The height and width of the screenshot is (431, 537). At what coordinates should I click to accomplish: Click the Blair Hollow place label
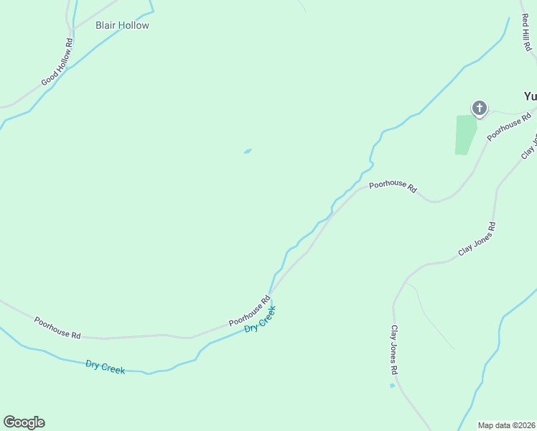[122, 25]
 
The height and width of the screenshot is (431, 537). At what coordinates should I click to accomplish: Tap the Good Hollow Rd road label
[58, 62]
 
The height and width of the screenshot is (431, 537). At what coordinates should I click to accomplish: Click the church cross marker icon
[479, 108]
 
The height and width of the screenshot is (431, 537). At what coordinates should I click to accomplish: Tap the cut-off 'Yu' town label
[530, 96]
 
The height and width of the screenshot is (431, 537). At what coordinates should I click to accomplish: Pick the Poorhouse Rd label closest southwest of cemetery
[393, 186]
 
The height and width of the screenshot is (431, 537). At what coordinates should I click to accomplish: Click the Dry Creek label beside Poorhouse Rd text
[260, 318]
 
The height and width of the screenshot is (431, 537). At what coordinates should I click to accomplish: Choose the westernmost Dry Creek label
[105, 367]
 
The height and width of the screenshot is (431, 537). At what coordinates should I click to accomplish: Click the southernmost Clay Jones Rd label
[394, 351]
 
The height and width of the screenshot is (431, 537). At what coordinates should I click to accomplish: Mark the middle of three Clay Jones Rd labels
[477, 240]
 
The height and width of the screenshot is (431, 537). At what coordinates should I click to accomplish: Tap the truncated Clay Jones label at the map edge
[529, 147]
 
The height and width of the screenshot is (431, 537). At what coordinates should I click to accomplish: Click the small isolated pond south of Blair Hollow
[248, 151]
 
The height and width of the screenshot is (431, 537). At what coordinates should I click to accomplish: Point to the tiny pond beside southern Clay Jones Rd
[392, 386]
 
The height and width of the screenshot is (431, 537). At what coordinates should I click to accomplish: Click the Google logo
[24, 422]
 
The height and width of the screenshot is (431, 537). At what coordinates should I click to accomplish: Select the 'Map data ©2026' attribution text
[506, 425]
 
